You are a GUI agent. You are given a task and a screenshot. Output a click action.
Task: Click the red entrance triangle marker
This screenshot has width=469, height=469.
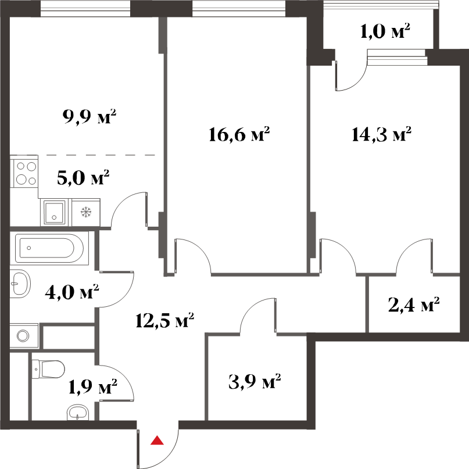(157, 441)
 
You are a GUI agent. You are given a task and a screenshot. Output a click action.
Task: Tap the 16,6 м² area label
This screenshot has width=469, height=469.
(239, 134)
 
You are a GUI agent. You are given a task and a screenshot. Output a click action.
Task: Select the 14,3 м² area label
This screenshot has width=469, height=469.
(381, 134)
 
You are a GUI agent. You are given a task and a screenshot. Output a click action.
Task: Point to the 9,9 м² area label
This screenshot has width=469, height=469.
(89, 116)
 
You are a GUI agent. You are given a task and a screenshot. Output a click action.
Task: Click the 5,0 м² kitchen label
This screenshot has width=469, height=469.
(83, 178)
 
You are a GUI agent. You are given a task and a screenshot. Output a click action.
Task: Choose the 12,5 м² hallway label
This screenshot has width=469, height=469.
(165, 320)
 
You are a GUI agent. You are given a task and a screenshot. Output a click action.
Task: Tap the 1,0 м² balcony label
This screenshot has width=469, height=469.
(385, 31)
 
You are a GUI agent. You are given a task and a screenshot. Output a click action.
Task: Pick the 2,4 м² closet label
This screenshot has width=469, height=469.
(414, 305)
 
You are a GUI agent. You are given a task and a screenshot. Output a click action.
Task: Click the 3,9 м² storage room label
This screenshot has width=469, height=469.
(255, 382)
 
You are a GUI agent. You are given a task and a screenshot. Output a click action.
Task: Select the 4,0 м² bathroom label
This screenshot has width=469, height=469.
(72, 292)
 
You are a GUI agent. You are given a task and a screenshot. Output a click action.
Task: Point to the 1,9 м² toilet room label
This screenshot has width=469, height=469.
(93, 386)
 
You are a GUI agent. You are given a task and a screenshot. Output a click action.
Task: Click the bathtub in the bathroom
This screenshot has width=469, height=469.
(49, 248)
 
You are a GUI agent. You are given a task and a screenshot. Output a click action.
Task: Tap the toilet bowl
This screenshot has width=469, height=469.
(48, 369)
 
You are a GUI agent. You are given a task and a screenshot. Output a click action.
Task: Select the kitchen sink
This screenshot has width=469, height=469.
(55, 212)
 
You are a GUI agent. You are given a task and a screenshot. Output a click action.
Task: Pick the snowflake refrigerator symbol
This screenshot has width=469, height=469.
(86, 212)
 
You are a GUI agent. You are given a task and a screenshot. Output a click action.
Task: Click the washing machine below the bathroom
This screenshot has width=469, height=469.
(24, 335)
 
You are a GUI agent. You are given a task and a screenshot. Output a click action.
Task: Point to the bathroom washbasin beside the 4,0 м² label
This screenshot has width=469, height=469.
(20, 284)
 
